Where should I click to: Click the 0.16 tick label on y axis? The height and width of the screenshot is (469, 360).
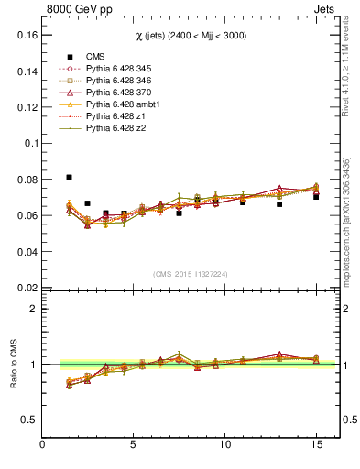[25, 35]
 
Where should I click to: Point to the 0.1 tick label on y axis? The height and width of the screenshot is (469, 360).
[28, 143]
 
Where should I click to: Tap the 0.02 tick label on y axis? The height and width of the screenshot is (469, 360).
[25, 288]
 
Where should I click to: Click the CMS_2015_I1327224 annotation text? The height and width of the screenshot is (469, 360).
[191, 273]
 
